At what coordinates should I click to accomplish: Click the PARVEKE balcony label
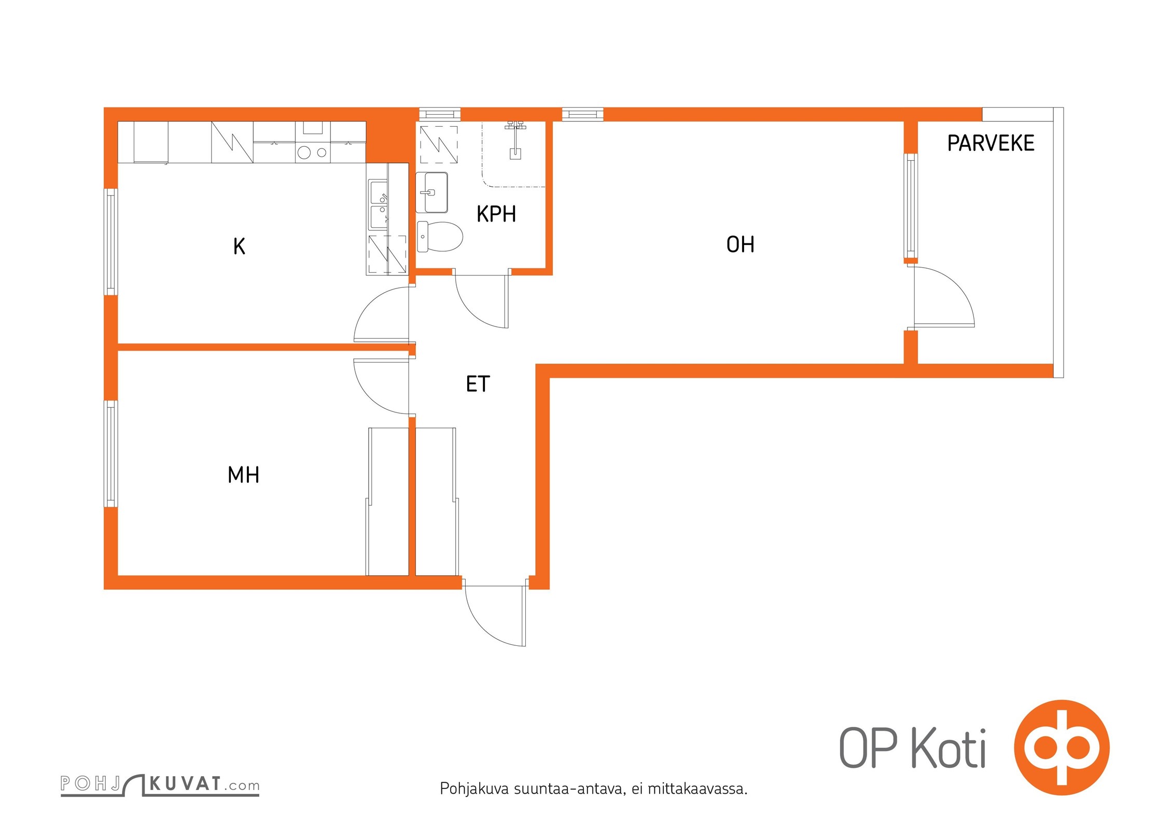(990, 143)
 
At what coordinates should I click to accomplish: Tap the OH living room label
(740, 245)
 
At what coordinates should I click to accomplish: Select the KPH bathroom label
(496, 214)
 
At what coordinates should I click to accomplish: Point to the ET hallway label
(478, 384)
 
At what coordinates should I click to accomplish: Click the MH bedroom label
(243, 475)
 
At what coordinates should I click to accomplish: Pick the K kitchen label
(239, 246)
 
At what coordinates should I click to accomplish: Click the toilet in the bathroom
(440, 237)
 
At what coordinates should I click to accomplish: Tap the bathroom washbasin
(432, 192)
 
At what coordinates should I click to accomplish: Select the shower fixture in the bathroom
(515, 140)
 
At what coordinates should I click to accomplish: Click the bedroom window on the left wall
(110, 454)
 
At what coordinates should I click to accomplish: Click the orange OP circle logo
(1062, 748)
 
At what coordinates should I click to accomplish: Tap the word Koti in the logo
(948, 748)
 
